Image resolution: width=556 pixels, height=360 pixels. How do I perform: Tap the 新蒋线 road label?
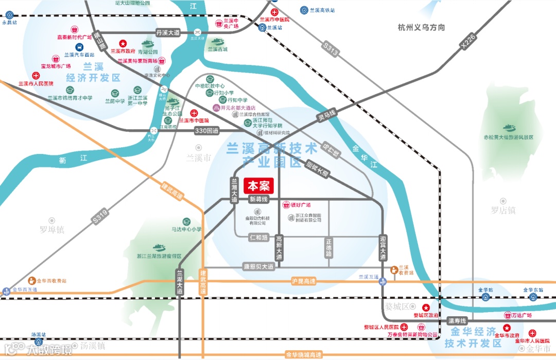coord(259,199)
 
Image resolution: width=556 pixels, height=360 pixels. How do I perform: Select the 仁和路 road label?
coord(258,237)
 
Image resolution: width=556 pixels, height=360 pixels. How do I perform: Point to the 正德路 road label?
coord(329,248)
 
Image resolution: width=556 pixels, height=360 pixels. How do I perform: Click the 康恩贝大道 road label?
coord(258,267)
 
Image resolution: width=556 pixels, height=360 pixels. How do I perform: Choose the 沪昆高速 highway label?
coord(303,281)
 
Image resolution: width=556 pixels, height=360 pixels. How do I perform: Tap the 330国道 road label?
coord(207,131)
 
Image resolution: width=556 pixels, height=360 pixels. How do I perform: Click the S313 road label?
coord(331,49)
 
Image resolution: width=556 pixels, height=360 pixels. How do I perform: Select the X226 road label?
coord(468,41)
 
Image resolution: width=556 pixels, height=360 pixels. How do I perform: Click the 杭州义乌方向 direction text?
coord(421,27)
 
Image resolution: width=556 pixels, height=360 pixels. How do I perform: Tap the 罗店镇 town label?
coord(503,210)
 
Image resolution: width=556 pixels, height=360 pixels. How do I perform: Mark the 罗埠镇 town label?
coord(53,230)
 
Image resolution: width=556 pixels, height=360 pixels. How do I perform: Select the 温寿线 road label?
coord(456,320)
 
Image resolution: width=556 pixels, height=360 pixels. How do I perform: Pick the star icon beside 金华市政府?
coord(507,328)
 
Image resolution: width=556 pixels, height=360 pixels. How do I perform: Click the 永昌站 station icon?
coord(9,15)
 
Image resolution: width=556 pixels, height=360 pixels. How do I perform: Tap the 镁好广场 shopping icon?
coord(287,205)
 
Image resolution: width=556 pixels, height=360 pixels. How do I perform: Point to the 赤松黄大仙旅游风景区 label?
coord(508,138)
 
